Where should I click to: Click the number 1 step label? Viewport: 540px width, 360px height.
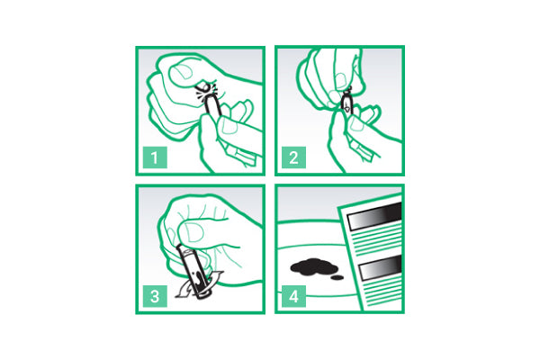click(x=155, y=157)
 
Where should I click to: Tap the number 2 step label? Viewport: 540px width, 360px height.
click(x=293, y=157)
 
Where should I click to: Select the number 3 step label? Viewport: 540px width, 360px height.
click(x=155, y=296)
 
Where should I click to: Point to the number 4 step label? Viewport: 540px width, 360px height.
click(x=293, y=296)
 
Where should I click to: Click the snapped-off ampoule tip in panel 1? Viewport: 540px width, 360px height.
click(x=204, y=87)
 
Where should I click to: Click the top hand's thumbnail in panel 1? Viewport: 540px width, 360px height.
click(x=182, y=73)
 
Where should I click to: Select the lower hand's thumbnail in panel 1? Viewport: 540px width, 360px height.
click(x=228, y=125)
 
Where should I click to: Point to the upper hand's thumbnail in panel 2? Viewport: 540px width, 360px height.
click(x=341, y=80)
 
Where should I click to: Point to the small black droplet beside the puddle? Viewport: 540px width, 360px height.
click(x=337, y=277)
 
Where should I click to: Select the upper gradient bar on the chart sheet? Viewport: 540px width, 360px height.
click(x=375, y=216)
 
